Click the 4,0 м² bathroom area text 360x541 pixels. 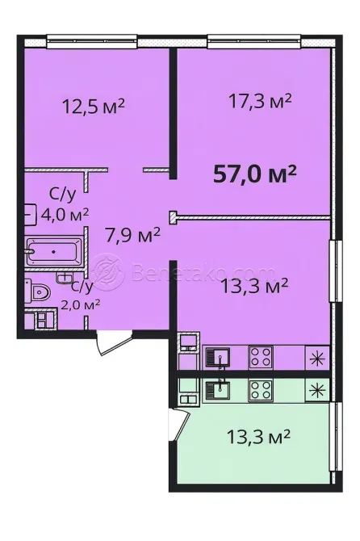[65, 214]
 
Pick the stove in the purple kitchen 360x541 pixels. [259, 355]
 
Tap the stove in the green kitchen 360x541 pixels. [259, 389]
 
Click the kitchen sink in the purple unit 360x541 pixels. [218, 355]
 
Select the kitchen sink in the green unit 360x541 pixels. [218, 389]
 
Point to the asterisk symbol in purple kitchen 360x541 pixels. [316, 356]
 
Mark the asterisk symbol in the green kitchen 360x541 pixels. [316, 389]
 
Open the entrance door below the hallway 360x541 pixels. [107, 342]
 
